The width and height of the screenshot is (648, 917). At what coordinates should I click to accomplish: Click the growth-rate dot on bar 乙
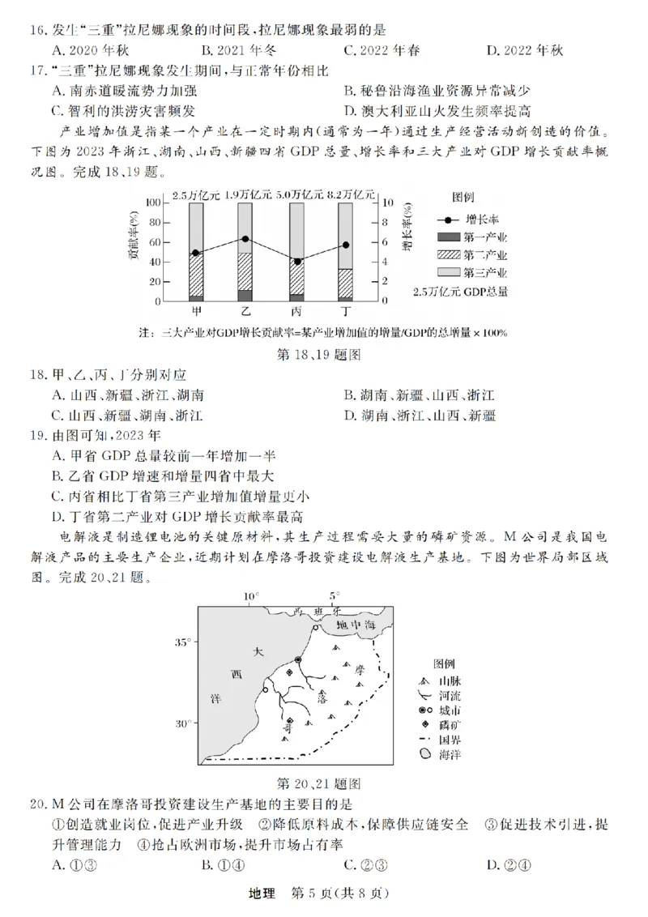tap(245, 239)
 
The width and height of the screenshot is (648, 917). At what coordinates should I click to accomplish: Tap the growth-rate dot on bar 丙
tap(297, 262)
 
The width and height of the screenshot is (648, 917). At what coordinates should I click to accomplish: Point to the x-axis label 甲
tap(197, 312)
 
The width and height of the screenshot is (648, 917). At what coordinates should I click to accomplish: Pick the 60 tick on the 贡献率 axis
tap(153, 242)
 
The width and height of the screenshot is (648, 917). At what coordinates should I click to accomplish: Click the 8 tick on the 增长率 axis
tap(386, 223)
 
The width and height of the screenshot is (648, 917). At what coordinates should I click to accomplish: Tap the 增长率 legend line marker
tap(449, 220)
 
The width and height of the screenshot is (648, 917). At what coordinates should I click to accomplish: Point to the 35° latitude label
tap(183, 642)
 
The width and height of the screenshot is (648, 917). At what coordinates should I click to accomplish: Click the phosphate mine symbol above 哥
tap(290, 719)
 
